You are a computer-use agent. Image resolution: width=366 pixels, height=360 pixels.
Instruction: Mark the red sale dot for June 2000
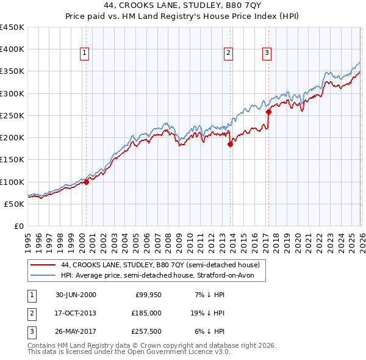86,182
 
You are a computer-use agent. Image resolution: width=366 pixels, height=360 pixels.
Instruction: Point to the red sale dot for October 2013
230,145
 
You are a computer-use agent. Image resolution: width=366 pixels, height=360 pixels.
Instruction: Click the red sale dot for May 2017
268,112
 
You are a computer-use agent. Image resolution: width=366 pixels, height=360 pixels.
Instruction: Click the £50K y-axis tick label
15,204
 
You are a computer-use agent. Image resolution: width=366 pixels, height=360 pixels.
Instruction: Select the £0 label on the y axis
18,226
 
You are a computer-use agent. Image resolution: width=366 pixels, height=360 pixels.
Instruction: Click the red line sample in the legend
43,265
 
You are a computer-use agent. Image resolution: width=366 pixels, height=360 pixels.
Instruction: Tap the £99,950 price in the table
148,295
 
